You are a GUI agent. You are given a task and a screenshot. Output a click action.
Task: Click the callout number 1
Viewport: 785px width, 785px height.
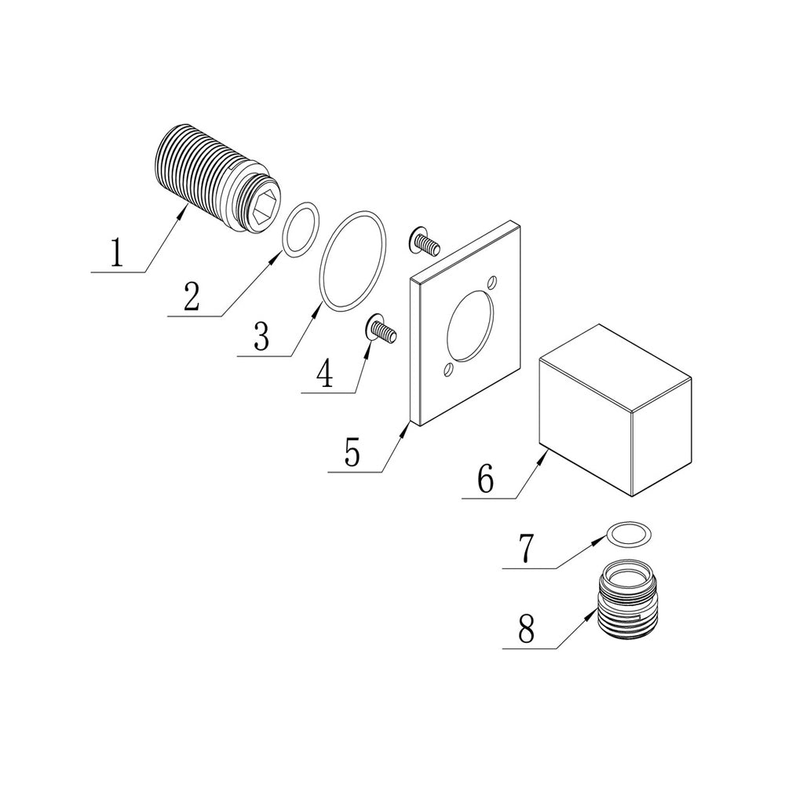click(116, 254)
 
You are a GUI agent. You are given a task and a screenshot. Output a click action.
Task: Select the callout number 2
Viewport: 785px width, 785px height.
click(192, 297)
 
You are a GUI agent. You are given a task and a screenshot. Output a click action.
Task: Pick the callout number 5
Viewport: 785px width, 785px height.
click(352, 453)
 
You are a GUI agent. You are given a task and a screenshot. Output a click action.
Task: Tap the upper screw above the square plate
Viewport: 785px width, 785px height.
click(424, 242)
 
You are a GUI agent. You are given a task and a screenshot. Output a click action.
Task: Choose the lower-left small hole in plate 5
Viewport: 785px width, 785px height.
click(448, 369)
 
